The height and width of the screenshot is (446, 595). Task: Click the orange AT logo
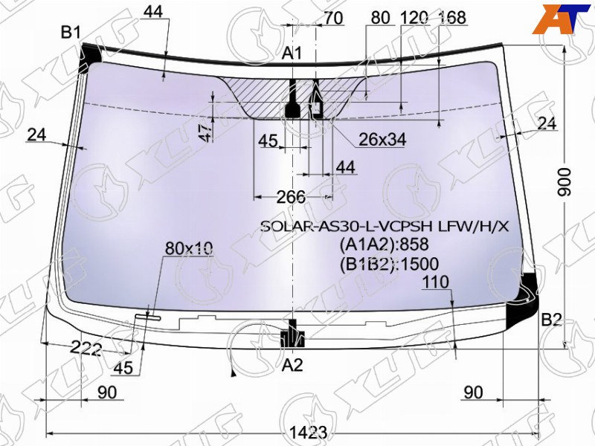click(x=561, y=20)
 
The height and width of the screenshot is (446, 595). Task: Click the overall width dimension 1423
click(x=308, y=433)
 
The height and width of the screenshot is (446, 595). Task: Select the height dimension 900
click(x=565, y=182)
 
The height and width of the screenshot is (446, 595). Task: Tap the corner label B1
click(x=71, y=32)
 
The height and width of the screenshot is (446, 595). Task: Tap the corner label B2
click(x=551, y=320)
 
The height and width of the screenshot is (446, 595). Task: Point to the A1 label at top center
click(x=292, y=53)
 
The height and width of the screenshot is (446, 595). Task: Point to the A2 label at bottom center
click(x=292, y=365)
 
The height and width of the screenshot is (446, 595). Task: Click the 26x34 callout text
click(x=382, y=140)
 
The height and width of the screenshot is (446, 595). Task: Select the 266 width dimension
click(x=291, y=197)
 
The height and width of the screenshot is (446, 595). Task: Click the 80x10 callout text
click(x=189, y=248)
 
